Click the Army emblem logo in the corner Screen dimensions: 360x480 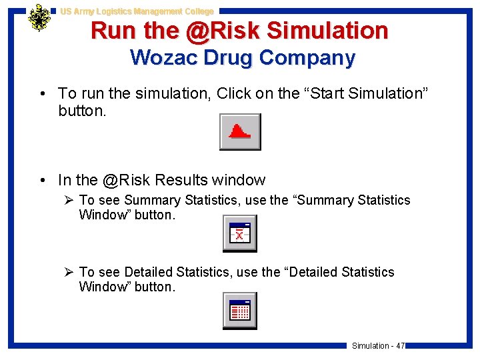(39, 18)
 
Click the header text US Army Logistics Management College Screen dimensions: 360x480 (137, 11)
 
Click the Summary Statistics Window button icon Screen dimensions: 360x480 (239, 234)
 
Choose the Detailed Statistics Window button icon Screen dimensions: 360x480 (239, 311)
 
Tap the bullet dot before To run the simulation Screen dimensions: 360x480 (42, 94)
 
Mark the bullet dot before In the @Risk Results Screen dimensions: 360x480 (42, 181)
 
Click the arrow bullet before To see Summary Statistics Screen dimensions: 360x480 (68, 200)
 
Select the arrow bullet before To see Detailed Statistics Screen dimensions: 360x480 (68, 272)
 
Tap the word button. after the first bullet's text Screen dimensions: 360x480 (82, 111)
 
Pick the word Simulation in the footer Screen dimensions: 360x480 (370, 345)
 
